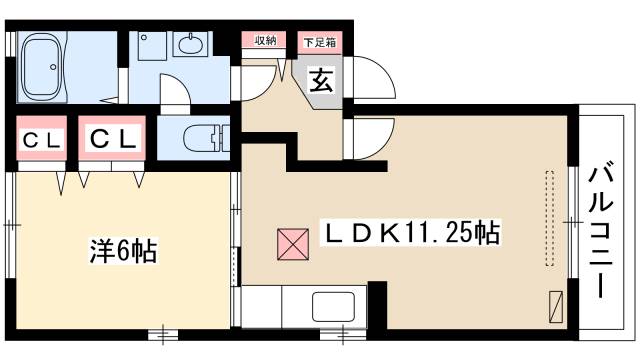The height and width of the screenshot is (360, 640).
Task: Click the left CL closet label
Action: click(41, 140)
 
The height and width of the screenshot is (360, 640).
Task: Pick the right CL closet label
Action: click(113, 140)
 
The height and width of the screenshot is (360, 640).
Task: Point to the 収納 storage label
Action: click(264, 41)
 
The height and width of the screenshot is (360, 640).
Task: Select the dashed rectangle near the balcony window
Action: click(548, 218)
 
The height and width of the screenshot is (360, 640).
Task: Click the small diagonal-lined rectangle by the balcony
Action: click(556, 303)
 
